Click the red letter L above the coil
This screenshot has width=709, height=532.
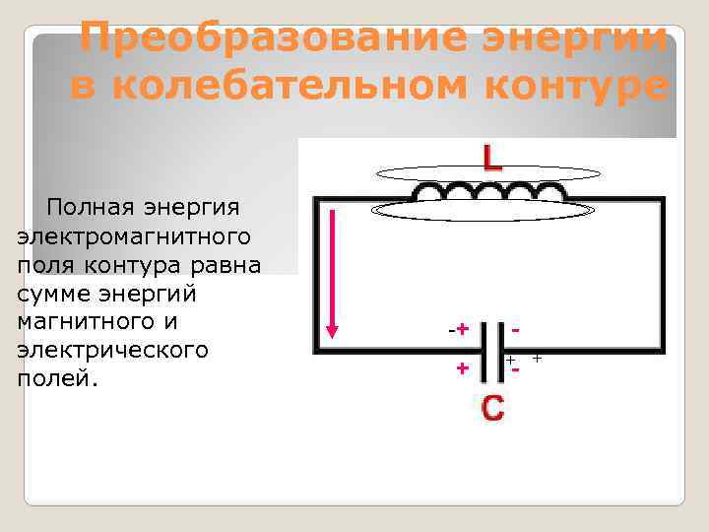tap(491, 159)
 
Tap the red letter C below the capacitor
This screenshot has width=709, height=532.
tap(492, 408)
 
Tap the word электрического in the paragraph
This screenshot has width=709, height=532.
tap(112, 351)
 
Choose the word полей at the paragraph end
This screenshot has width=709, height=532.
tap(57, 379)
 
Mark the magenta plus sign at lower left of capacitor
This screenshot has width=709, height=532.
tap(460, 368)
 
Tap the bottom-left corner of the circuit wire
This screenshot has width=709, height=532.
tap(316, 350)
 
